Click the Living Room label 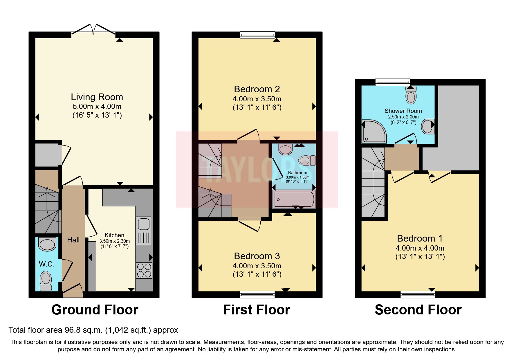pyautogui.click(x=97, y=97)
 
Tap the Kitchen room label pyautogui.click(x=114, y=235)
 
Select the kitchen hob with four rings pyautogui.click(x=144, y=270)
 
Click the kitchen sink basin pyautogui.click(x=144, y=224)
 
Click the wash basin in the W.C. pyautogui.click(x=47, y=244)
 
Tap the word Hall pyautogui.click(x=73, y=240)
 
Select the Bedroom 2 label pyautogui.click(x=257, y=89)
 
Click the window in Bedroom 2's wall pyautogui.click(x=257, y=35)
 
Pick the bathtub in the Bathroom pyautogui.click(x=294, y=199)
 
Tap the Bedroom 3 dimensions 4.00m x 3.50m pyautogui.click(x=257, y=266)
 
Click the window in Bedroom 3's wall pyautogui.click(x=257, y=295)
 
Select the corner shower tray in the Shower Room pyautogui.click(x=374, y=132)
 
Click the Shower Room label pyautogui.click(x=403, y=111)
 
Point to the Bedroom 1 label pyautogui.click(x=420, y=238)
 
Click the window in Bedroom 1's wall pyautogui.click(x=418, y=295)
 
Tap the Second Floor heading pyautogui.click(x=418, y=310)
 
